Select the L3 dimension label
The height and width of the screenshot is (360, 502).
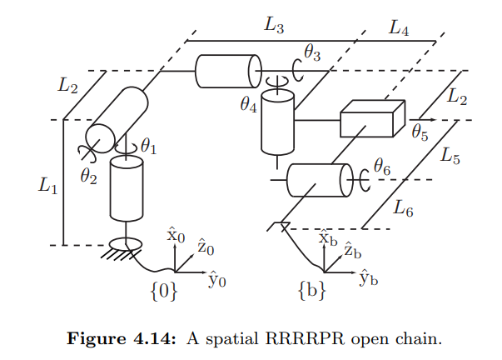[x=274, y=25]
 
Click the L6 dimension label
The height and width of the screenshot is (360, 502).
[x=404, y=208]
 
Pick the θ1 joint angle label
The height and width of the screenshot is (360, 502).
[x=148, y=146]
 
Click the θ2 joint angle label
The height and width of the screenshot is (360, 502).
[x=89, y=176]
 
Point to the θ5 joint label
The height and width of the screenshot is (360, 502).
[x=420, y=130]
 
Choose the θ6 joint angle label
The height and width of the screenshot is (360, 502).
[x=382, y=167]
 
